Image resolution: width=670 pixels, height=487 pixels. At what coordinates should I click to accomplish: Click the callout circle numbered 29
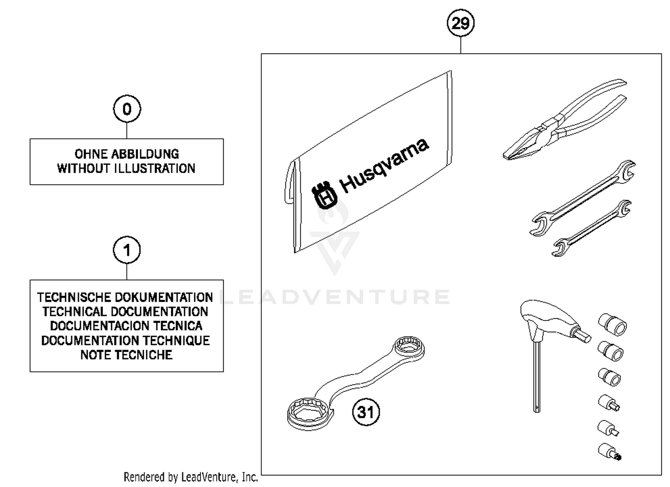coord(461,23)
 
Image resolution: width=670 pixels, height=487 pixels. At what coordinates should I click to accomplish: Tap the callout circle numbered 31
coord(366,412)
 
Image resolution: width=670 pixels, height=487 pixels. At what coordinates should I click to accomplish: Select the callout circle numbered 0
coord(127,109)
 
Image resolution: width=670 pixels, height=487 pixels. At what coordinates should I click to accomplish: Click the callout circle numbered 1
coord(127,250)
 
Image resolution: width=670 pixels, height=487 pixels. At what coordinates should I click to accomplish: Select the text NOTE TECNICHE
coord(126,355)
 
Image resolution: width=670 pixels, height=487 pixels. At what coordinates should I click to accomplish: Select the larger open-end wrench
coord(583,196)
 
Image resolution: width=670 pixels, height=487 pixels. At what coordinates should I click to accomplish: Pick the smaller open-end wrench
coord(591,228)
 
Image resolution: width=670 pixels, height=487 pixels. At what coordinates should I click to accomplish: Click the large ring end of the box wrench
coord(309,413)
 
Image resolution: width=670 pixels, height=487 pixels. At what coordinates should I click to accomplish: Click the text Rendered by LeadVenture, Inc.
coord(191,477)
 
